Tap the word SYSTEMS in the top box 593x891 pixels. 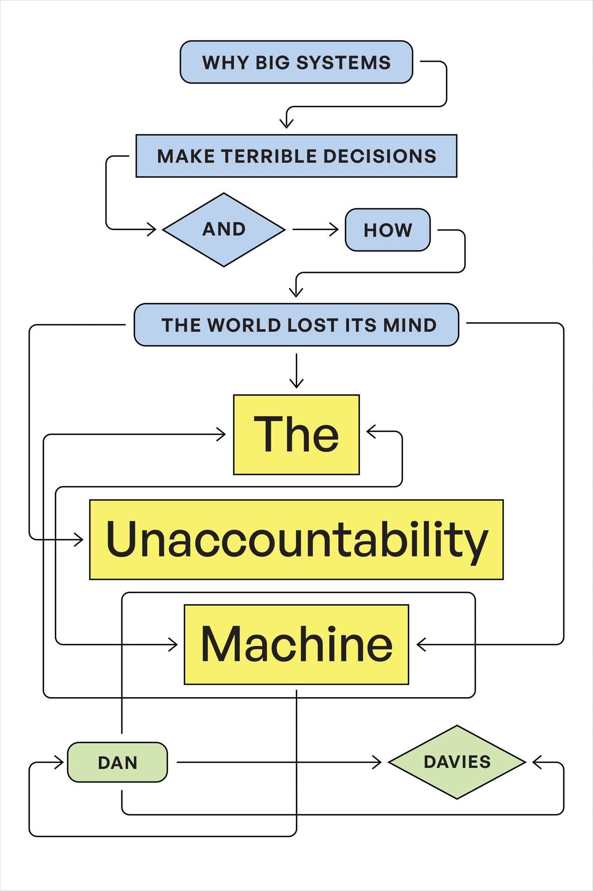343,62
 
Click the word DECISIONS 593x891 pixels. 380,156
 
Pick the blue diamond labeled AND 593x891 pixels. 224,229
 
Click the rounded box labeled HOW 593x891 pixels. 388,230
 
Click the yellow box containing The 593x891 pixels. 296,435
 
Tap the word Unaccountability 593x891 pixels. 296,539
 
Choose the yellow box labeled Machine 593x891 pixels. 296,644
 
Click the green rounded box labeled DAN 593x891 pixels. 117,762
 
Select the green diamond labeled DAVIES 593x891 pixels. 457,762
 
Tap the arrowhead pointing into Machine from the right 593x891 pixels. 420,644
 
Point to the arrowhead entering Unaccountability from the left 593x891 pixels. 80,540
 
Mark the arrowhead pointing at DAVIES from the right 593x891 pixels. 536,762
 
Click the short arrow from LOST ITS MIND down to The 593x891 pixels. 296,372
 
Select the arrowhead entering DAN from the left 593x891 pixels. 60,762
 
